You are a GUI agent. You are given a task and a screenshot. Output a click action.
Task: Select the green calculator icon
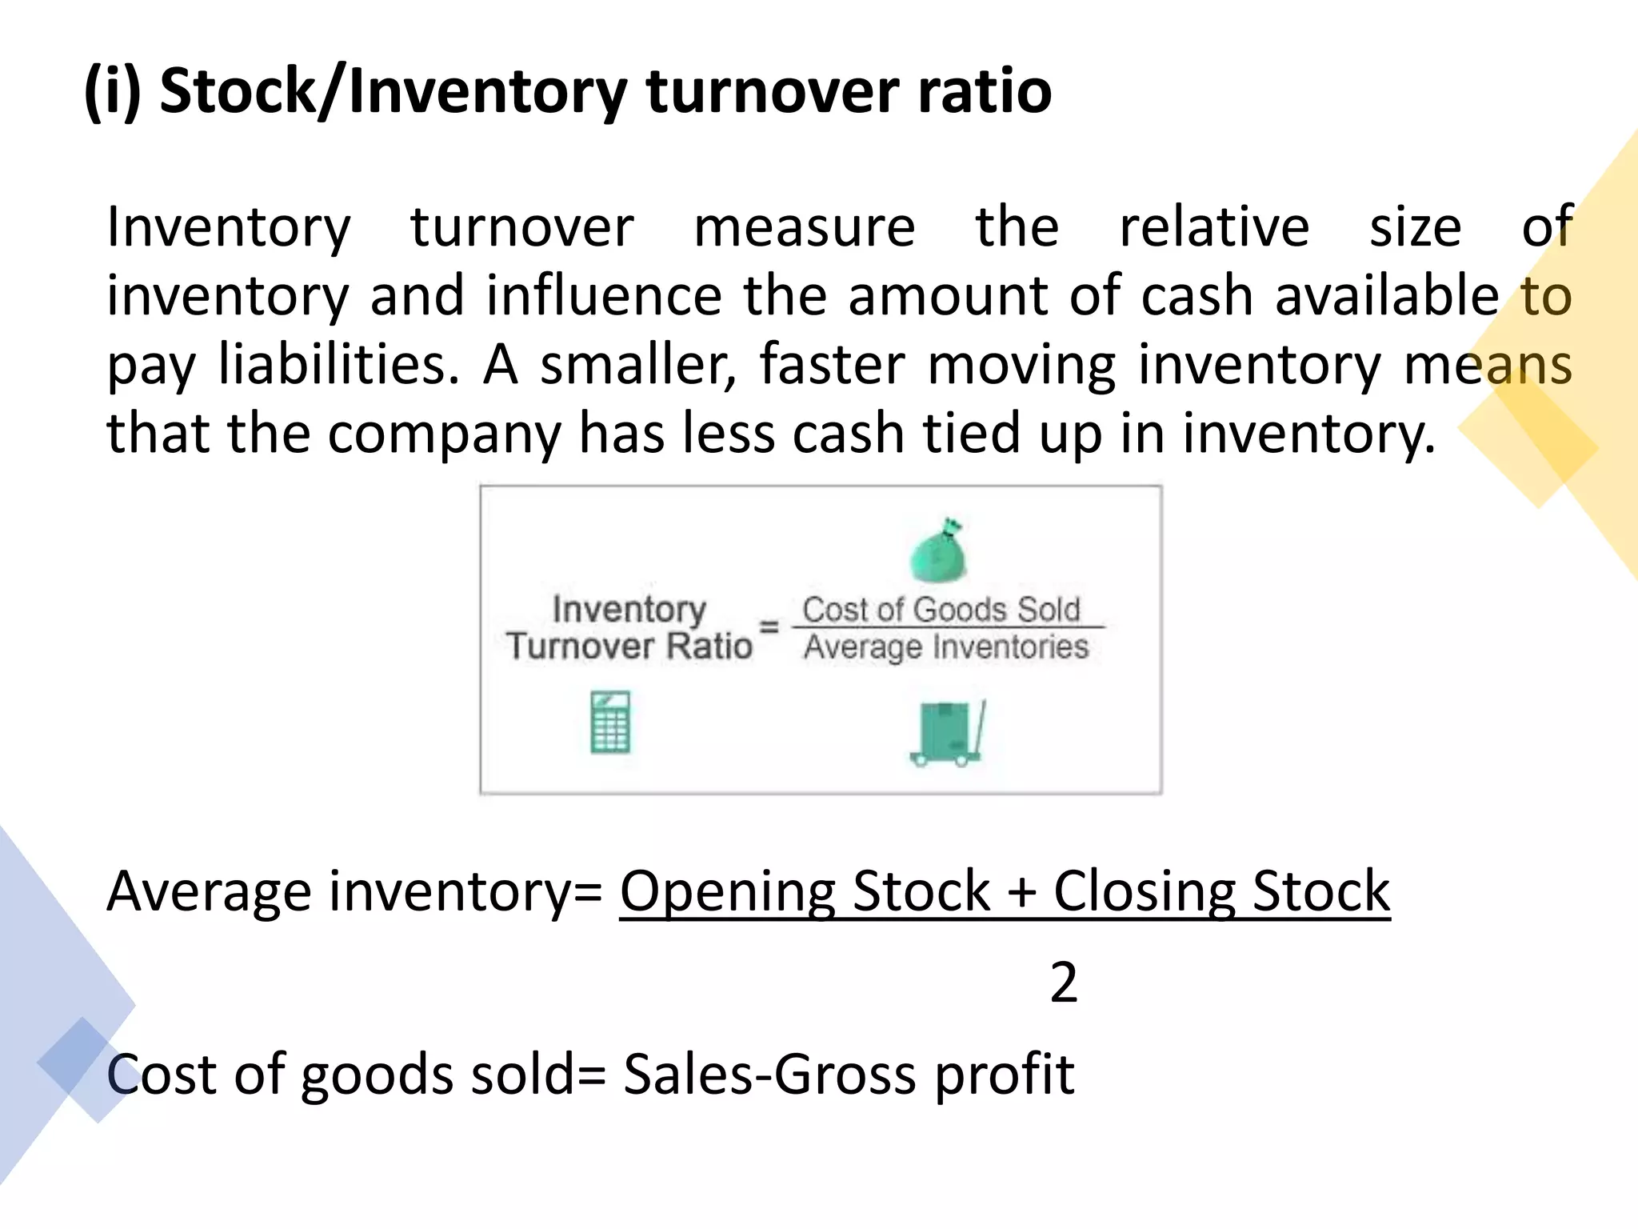[610, 723]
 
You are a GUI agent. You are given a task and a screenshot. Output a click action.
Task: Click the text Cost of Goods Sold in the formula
[941, 610]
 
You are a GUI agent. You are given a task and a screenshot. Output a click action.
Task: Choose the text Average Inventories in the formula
[946, 647]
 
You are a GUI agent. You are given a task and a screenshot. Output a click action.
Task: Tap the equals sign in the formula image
[769, 627]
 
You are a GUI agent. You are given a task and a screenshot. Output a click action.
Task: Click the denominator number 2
[1063, 983]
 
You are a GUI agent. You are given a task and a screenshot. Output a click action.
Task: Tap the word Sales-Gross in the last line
[769, 1075]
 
